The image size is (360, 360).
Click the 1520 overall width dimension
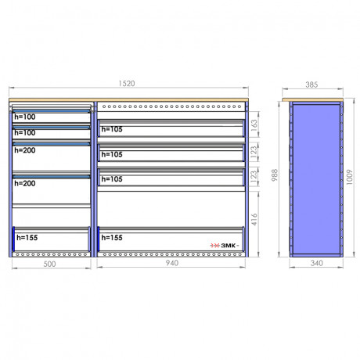(127, 84)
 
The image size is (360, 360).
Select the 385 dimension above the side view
(311, 85)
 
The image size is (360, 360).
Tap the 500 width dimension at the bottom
(49, 264)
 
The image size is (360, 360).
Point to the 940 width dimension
(172, 263)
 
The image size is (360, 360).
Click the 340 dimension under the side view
(317, 263)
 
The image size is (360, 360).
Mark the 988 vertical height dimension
(275, 175)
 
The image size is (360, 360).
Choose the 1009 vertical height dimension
(349, 178)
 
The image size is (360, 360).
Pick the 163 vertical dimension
(254, 124)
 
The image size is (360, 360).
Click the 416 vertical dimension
(254, 219)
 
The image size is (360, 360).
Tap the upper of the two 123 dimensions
(254, 151)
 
